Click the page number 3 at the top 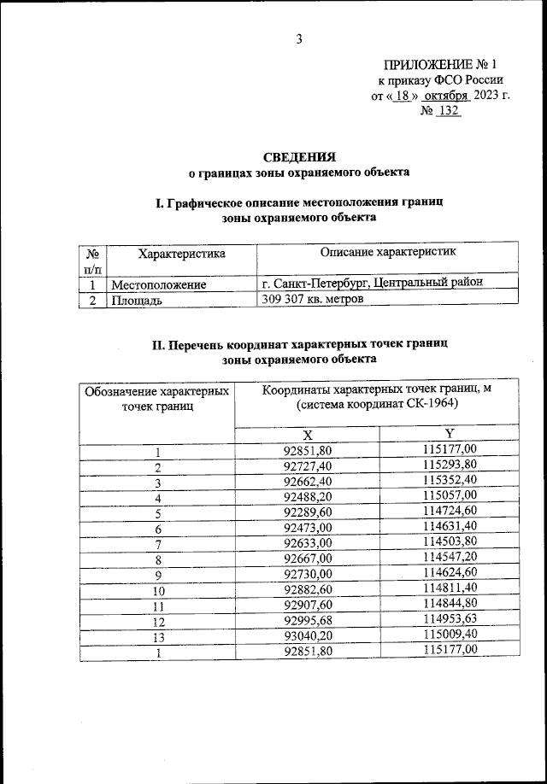coord(299,38)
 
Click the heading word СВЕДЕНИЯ coord(298,156)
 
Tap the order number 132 coord(448,111)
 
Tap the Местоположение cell coord(156,284)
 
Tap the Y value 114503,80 coord(450,545)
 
